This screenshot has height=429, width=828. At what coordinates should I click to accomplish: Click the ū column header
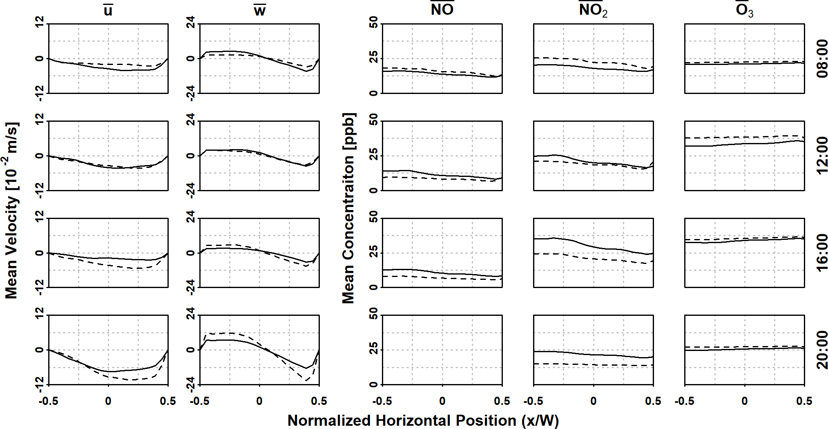point(108,10)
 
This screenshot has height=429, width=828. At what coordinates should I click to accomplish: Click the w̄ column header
point(259,10)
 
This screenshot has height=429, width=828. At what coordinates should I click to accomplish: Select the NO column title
point(442,9)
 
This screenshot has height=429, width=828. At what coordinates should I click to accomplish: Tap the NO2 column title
point(593,9)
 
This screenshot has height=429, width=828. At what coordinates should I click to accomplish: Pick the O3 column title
point(744,10)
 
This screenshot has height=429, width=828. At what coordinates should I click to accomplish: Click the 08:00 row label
point(822,58)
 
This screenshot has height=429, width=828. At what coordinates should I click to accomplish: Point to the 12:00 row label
point(822,155)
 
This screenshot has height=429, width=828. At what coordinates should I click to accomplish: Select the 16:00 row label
point(822,252)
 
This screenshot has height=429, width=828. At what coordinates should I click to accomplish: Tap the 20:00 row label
point(822,350)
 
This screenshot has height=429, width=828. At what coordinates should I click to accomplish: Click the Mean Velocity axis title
point(11,210)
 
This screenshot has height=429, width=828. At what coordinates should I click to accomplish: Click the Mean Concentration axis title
point(348,208)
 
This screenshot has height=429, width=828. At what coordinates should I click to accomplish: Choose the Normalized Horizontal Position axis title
point(423,420)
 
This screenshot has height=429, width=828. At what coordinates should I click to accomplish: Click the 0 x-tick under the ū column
point(108,401)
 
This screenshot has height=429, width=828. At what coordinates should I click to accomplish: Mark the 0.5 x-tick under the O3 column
point(804,401)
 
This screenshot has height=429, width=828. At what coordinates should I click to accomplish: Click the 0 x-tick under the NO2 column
point(593,401)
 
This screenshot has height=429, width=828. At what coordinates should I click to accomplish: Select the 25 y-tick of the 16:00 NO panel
point(373,252)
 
